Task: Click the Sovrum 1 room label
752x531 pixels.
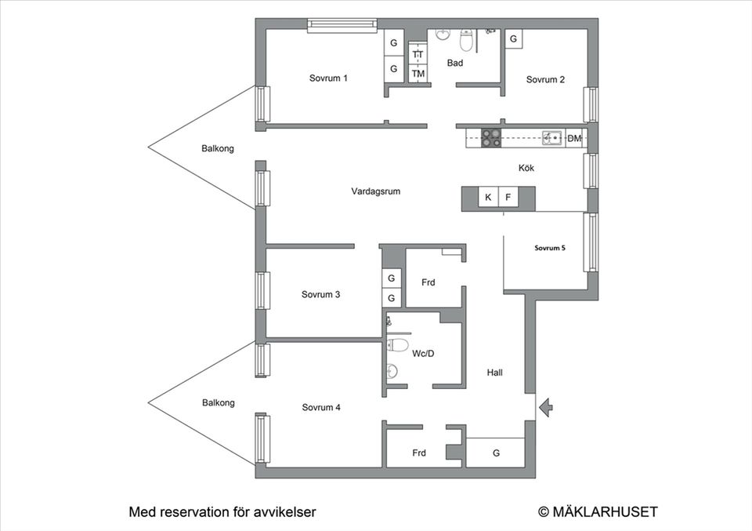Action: coord(328,78)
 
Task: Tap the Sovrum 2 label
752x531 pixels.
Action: coord(545,79)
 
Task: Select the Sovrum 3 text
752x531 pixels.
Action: coord(320,295)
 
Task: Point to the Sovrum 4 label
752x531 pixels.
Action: coord(321,408)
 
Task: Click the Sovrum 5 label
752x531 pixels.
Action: coord(550,248)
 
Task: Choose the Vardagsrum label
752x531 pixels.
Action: coord(376,191)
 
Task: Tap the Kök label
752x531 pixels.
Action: coord(526,168)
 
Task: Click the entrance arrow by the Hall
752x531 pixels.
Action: coord(547,406)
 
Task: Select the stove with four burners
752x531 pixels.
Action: coord(491,138)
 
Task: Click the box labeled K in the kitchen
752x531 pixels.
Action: coord(488,198)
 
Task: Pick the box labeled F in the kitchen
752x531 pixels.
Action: coord(508,198)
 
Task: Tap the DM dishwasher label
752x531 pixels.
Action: coord(574,139)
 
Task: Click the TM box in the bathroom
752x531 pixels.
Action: coord(418,74)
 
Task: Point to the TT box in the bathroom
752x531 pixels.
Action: coord(418,54)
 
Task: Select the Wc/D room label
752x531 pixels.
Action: coord(423,354)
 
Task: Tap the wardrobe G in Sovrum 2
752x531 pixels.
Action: coord(513,39)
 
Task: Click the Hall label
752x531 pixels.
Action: coord(494,373)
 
